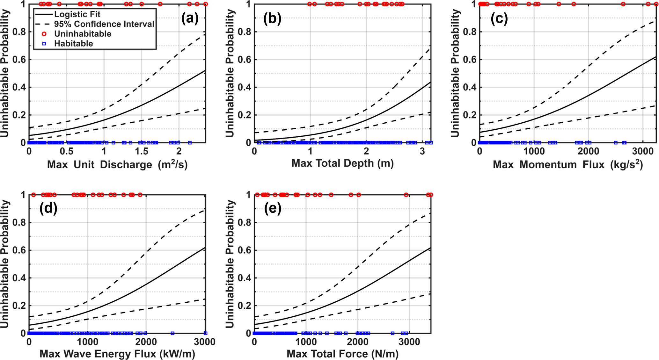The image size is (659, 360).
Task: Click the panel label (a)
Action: coord(190,18)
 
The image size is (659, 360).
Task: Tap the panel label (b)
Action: coord(272,18)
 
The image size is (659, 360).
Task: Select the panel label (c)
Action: coord(499,18)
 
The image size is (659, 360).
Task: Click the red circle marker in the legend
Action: coord(44,34)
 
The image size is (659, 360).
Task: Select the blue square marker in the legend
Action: coord(44,44)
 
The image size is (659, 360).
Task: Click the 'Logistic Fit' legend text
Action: coord(77,14)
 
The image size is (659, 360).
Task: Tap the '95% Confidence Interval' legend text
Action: coord(104,24)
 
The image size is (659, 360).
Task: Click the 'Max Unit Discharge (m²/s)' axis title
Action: coord(117,164)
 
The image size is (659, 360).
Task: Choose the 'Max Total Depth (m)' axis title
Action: coord(342,163)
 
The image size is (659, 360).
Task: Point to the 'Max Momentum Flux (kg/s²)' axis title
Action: coord(568,164)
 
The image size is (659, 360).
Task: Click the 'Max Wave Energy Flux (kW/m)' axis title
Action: coord(117,354)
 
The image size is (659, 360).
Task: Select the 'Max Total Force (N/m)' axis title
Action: coord(342,354)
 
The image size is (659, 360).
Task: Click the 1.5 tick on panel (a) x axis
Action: coord(141,151)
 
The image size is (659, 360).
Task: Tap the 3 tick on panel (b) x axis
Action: coord(422,151)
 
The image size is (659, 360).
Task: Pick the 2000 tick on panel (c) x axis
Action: coord(588,151)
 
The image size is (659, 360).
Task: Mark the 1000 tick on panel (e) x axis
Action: coord(306,342)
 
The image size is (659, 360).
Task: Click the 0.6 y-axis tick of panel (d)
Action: coord(19,250)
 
